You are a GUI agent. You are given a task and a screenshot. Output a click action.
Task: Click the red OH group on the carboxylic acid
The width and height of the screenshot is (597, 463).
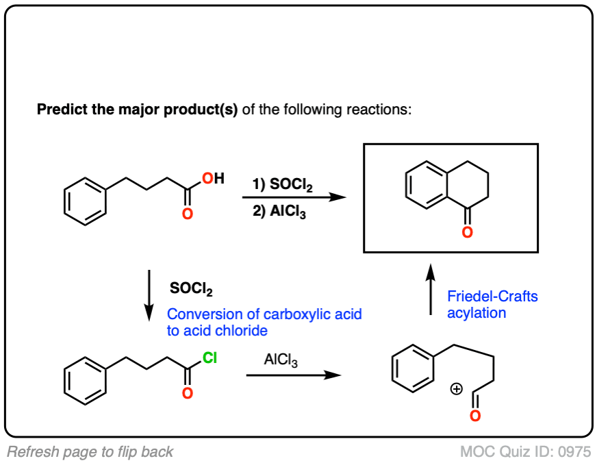pos(211,179)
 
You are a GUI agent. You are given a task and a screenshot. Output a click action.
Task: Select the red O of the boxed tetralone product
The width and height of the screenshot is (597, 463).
pos(467,233)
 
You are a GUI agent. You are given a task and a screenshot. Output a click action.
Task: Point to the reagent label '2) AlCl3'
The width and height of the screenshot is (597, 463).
pos(279,213)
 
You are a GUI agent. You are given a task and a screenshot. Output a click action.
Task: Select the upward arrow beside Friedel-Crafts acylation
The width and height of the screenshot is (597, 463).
pos(430,288)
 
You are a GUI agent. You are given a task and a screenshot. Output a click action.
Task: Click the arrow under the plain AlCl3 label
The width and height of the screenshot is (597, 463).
pos(294,375)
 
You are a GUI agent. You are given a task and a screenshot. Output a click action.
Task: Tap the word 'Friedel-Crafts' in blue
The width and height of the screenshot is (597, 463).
pos(492,297)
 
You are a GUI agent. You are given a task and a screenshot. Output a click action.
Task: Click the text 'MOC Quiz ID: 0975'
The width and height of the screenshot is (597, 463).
pos(526,451)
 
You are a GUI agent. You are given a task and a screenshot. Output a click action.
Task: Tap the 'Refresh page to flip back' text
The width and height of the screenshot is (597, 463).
pos(90,451)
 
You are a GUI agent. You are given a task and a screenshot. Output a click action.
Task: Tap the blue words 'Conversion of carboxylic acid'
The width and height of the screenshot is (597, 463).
pos(264,314)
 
